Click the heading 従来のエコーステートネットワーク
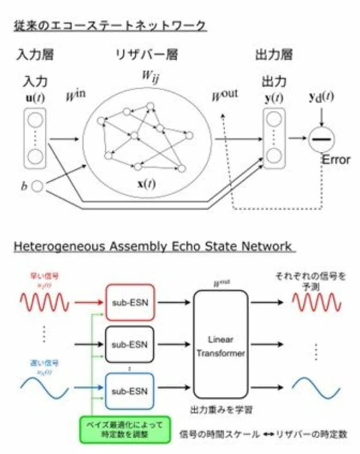click(109, 26)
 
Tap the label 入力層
click(35, 55)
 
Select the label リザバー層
click(146, 55)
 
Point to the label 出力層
click(274, 55)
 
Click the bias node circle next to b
click(37, 186)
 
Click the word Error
click(336, 161)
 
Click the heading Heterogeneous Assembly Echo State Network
click(152, 246)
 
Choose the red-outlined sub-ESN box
click(131, 302)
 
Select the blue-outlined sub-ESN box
click(131, 391)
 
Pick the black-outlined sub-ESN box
click(131, 344)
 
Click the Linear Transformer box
click(221, 345)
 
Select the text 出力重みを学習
click(221, 409)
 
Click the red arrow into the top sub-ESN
click(90, 303)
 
